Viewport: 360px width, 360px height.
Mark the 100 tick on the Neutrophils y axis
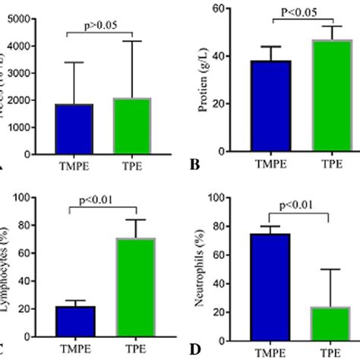coord(216,197)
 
